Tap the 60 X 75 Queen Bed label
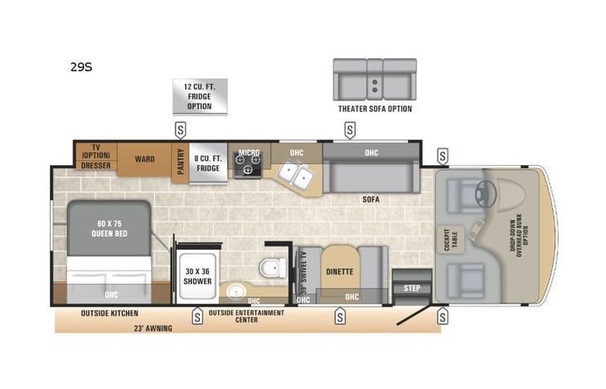pos(108,228)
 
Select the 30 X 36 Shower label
pos(197,275)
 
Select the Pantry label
pos(181,159)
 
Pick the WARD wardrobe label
pos(144,158)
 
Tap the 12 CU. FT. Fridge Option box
pos(199,96)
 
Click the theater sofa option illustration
pos(374,79)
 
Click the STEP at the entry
pos(411,288)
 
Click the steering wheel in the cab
pos(485,194)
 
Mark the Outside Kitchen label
pos(109,314)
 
